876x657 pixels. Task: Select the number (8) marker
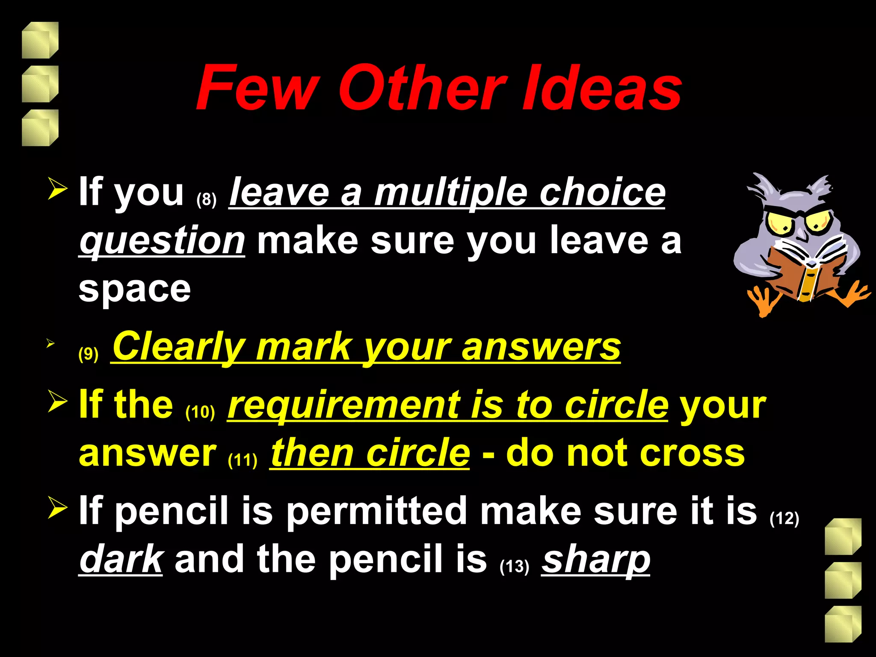(x=207, y=200)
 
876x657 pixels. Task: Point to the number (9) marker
(x=89, y=354)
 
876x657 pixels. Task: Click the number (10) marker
(x=200, y=411)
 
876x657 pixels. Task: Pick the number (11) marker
(x=243, y=460)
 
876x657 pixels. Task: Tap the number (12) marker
(x=784, y=518)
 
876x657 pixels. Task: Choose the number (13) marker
(x=515, y=566)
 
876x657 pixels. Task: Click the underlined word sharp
(x=596, y=560)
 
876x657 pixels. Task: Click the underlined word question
(x=162, y=241)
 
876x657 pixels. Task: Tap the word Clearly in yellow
(x=178, y=347)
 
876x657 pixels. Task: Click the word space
(x=135, y=289)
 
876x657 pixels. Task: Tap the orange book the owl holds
(x=804, y=274)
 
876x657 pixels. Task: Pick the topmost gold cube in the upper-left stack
(x=40, y=40)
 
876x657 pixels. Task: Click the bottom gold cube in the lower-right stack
(x=843, y=624)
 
